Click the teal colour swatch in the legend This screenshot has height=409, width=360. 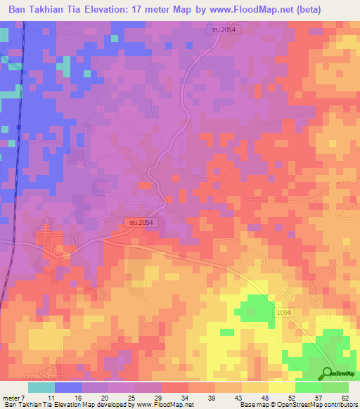41,387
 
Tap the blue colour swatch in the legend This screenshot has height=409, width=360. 68,387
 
